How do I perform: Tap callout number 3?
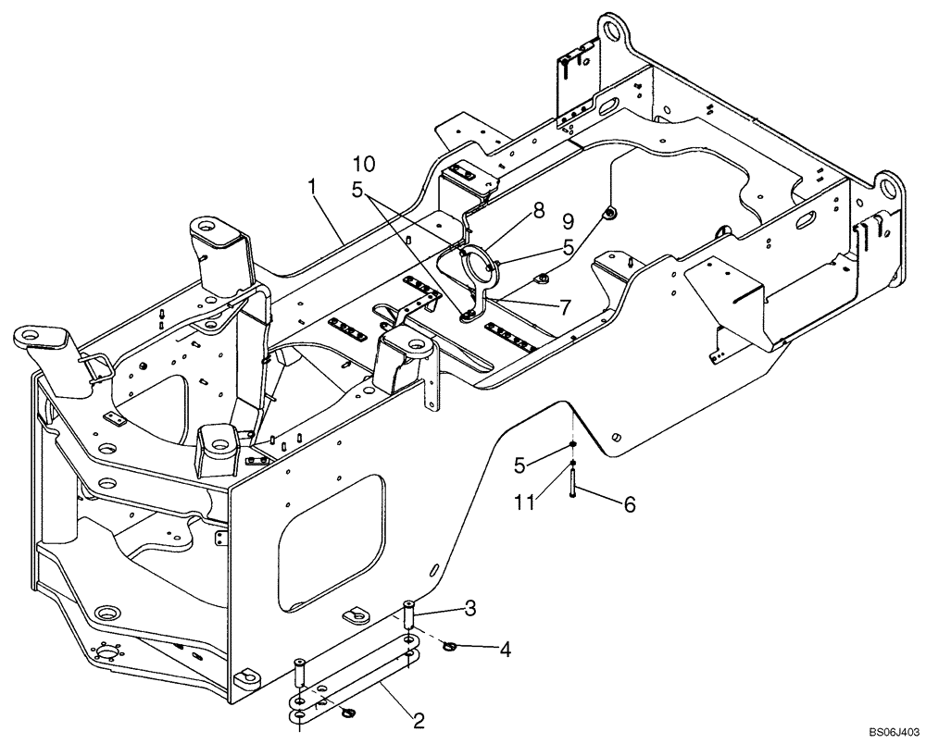tap(470, 608)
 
